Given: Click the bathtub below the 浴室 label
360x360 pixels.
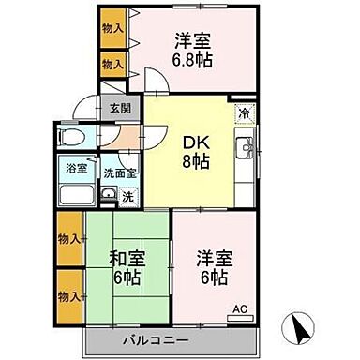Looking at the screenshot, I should pos(75,197).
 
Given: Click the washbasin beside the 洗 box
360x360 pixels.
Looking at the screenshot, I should pos(108,196).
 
